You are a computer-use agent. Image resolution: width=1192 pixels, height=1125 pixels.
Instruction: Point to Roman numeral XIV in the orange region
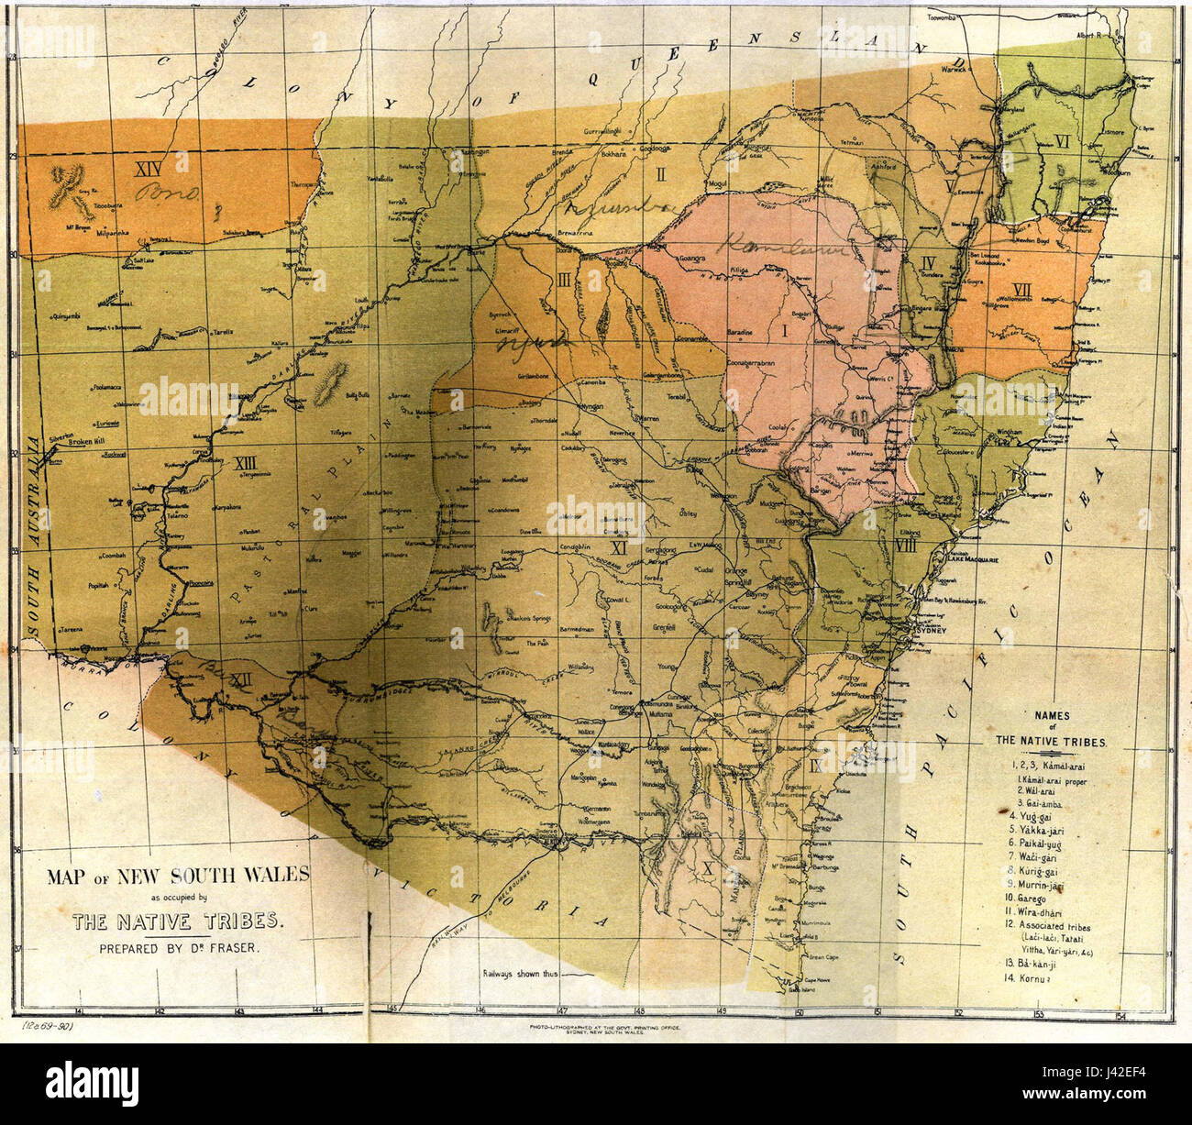click(x=148, y=168)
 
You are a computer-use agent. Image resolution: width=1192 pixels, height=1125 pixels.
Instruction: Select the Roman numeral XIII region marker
click(x=247, y=461)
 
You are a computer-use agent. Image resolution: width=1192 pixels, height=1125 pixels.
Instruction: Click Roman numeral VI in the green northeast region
click(x=1063, y=141)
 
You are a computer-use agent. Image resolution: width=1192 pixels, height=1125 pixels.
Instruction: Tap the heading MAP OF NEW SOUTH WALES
click(x=179, y=875)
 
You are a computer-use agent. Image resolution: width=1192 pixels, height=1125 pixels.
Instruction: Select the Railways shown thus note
click(x=519, y=974)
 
